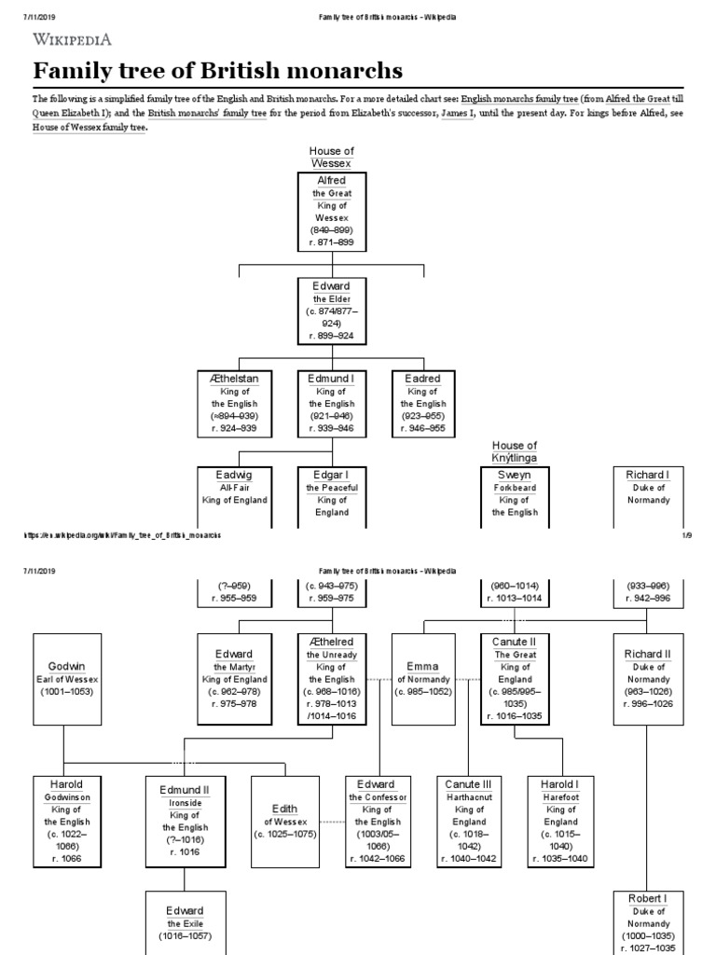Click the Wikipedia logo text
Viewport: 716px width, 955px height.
coord(74,39)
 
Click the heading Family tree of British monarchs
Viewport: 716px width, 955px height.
coord(218,71)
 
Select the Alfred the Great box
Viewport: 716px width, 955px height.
coord(331,212)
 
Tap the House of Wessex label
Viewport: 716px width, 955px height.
coord(331,157)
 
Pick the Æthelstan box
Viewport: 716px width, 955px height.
coord(234,404)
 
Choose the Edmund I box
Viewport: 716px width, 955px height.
coord(331,404)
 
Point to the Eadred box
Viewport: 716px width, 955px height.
coord(423,404)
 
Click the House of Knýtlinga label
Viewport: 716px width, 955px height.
coord(515,451)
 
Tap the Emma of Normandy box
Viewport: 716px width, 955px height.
coord(423,679)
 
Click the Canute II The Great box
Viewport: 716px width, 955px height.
coord(515,679)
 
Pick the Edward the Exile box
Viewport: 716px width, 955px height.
coord(184,922)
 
